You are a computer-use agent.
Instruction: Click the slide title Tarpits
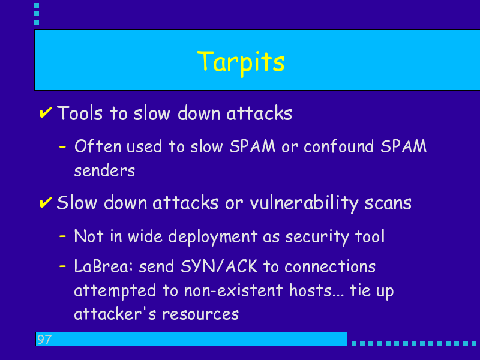[241, 63]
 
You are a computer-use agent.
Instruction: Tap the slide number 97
[44, 340]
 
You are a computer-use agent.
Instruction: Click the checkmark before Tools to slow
[46, 112]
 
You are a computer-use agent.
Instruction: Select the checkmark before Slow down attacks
[46, 202]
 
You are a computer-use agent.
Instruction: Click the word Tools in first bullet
[80, 113]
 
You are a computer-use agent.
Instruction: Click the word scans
[388, 203]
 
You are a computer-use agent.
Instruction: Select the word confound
[339, 146]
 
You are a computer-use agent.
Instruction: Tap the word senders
[104, 170]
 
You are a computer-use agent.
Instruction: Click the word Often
[98, 146]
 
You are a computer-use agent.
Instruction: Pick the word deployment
[213, 237]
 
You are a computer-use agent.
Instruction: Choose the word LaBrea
[103, 266]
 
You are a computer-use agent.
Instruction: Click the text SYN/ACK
[219, 266]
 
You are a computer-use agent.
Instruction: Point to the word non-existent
[233, 290]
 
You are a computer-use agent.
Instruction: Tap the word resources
[200, 314]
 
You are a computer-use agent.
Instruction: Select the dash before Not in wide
[62, 236]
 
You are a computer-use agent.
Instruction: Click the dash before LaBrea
[62, 266]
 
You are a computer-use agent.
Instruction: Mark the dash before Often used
[62, 146]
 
